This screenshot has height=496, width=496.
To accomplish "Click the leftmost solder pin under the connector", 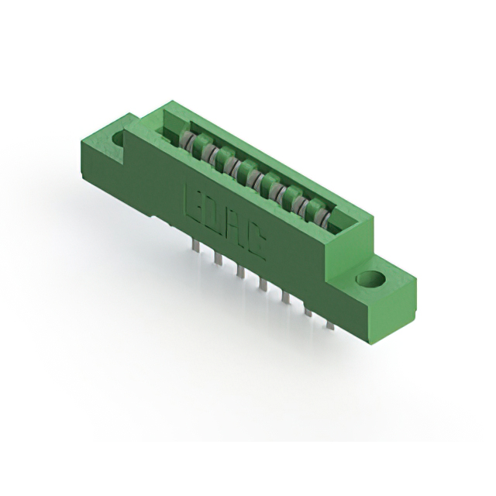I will [x=195, y=246].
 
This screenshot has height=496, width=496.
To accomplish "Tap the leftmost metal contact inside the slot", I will [x=187, y=140].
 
